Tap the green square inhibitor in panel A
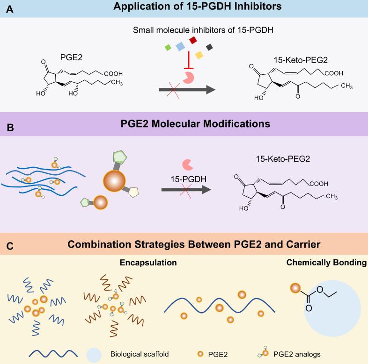coord(167,47)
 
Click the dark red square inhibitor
coord(192,41)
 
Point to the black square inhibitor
coord(209,47)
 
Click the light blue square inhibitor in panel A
coord(179,46)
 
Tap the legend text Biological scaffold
coord(133,353)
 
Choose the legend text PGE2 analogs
coord(298,353)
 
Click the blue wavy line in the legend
coord(53,353)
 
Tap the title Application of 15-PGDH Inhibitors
coord(184,8)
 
